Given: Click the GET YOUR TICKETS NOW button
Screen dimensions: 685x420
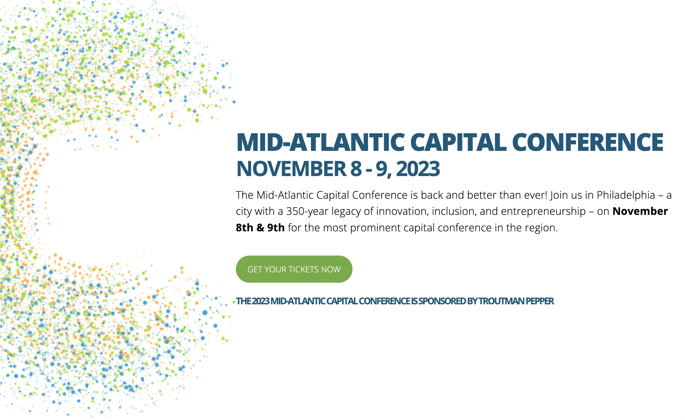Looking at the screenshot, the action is coord(294,269).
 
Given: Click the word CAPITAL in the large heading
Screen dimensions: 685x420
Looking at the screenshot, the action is coord(458,142).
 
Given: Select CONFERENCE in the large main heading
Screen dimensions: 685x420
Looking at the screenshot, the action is coord(588,142).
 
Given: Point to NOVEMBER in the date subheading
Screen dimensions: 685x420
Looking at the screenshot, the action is coord(291,169).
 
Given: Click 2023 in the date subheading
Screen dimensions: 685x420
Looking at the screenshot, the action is coord(418,169).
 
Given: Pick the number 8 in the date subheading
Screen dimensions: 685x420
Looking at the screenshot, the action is coord(356,169).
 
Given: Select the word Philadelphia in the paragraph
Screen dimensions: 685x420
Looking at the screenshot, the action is coord(626,195).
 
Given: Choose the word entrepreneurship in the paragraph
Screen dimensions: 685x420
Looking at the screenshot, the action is coord(543,211).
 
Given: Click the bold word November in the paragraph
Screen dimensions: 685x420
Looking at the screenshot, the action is coord(640,211).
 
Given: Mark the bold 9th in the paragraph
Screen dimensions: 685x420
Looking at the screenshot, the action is coord(276,228).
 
